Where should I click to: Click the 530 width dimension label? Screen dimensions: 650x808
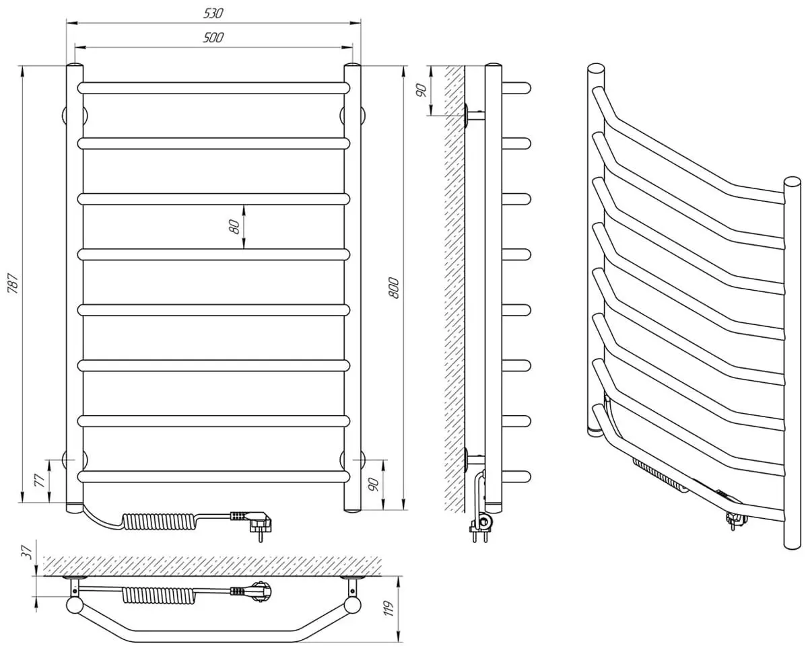[x=213, y=13]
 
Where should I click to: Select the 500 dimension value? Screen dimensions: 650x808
[x=213, y=38]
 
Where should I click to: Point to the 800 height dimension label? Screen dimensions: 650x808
[x=395, y=287]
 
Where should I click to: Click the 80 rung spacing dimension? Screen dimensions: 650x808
[x=234, y=226]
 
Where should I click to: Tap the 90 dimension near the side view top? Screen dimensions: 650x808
[x=422, y=90]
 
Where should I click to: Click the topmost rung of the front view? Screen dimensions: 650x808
[x=214, y=87]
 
